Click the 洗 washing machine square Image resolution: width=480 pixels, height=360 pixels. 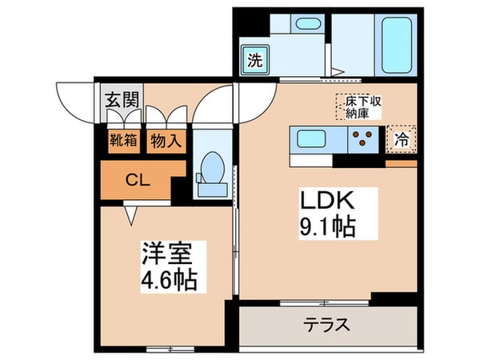point(254,60)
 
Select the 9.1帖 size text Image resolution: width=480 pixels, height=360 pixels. point(328,226)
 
